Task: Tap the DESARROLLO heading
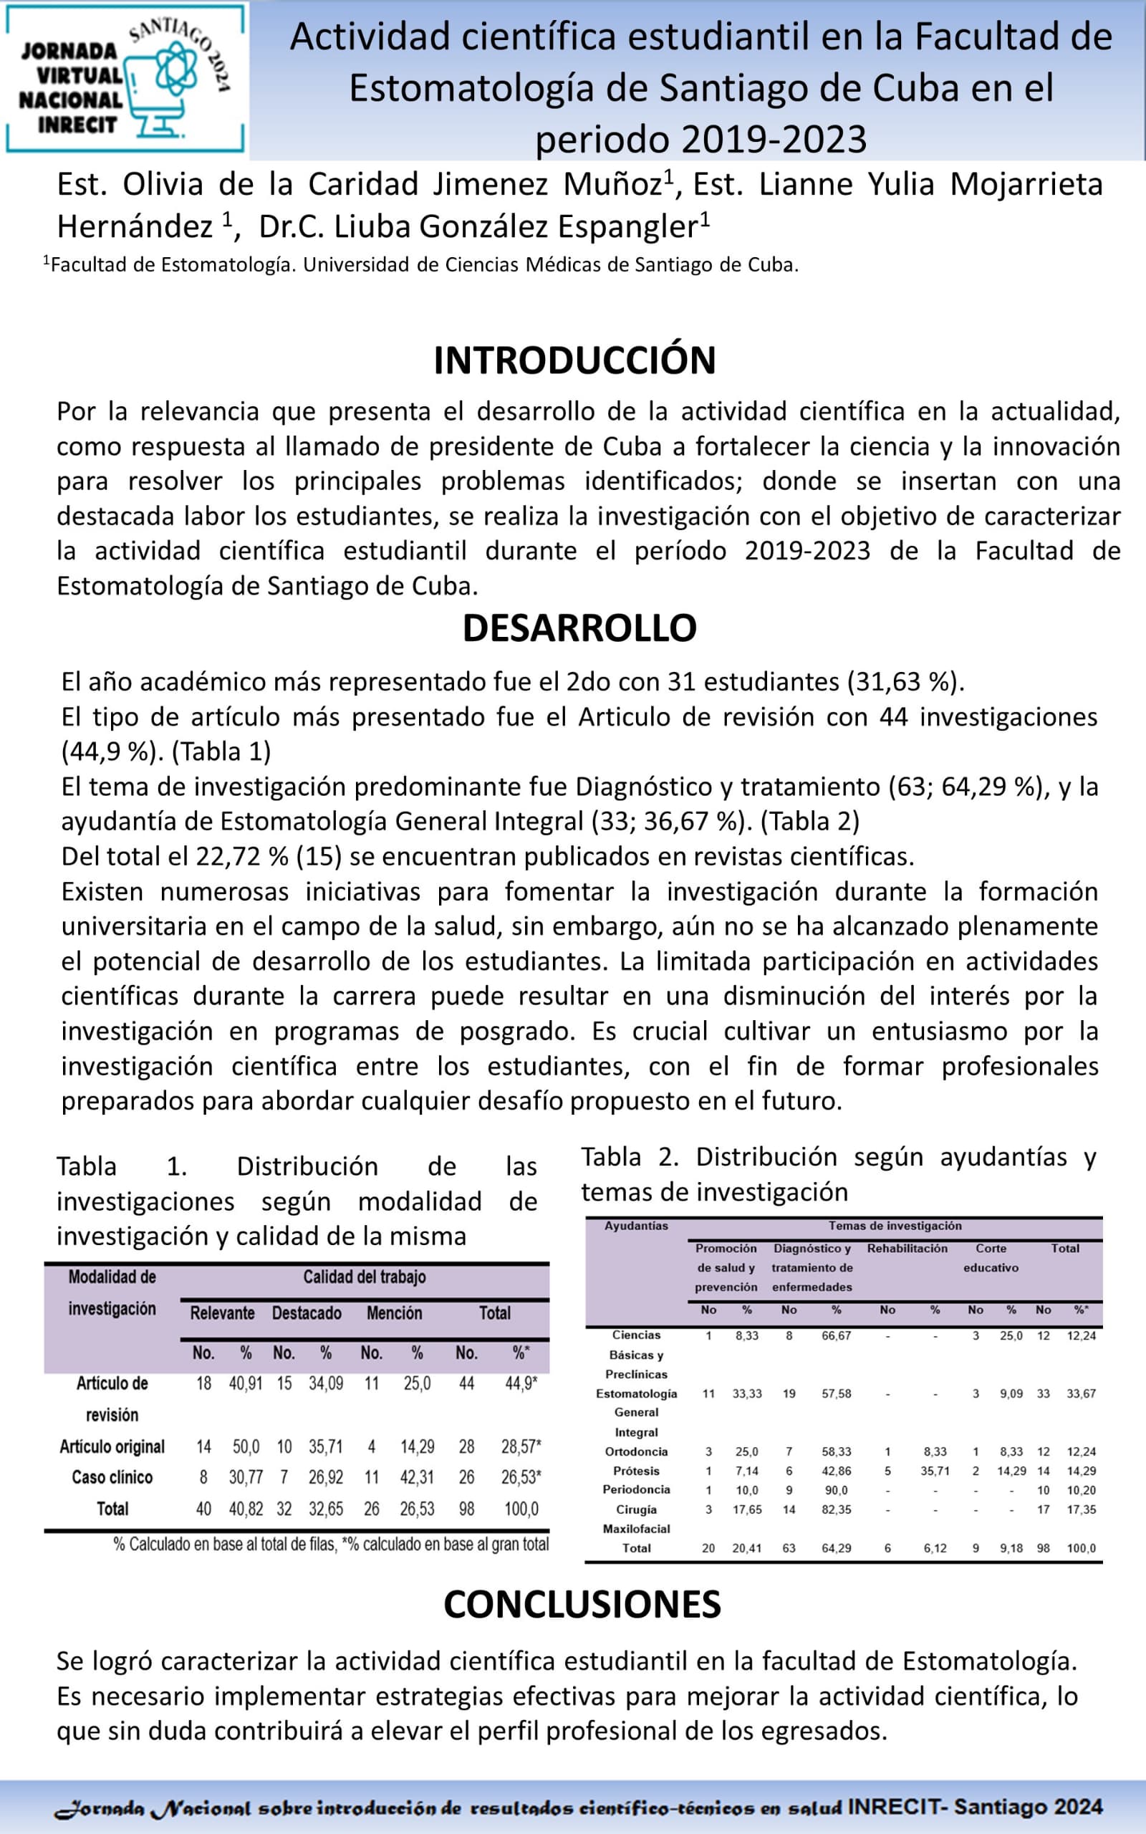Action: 580,628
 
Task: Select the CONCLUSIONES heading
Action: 582,1604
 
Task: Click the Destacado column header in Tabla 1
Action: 307,1313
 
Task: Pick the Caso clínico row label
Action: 112,1477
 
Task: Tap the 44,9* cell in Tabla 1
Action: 521,1383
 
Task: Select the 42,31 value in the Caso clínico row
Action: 417,1477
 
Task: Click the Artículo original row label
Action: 112,1446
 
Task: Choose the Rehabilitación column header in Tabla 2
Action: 907,1248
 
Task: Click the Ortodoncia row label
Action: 636,1451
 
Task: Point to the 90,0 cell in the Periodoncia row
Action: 836,1490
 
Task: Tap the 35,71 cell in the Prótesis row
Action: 935,1471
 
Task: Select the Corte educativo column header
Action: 991,1257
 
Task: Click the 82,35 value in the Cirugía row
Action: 836,1509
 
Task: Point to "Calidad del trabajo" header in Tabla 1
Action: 365,1277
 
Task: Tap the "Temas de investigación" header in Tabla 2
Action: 895,1226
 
